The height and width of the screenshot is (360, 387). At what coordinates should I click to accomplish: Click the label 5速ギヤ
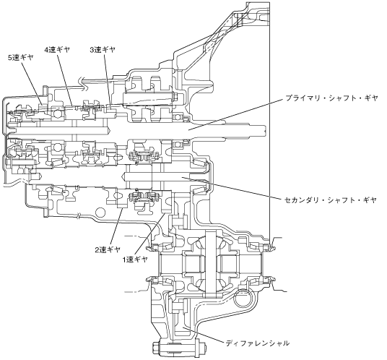[x=21, y=58]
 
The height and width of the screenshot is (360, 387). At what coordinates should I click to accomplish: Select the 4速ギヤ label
[x=57, y=50]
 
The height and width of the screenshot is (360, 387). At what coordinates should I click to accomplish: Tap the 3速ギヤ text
[x=103, y=50]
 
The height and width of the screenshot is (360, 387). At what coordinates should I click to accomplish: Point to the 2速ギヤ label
[x=108, y=249]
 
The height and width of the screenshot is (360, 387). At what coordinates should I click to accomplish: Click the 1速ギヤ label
[x=135, y=260]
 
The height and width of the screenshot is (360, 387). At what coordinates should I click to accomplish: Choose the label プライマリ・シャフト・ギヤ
[x=331, y=98]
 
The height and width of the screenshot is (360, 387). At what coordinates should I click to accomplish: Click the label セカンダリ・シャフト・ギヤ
[x=331, y=200]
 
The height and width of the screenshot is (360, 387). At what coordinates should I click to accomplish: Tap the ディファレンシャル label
[x=258, y=343]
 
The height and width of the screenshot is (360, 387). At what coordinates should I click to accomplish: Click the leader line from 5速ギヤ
[x=32, y=83]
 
